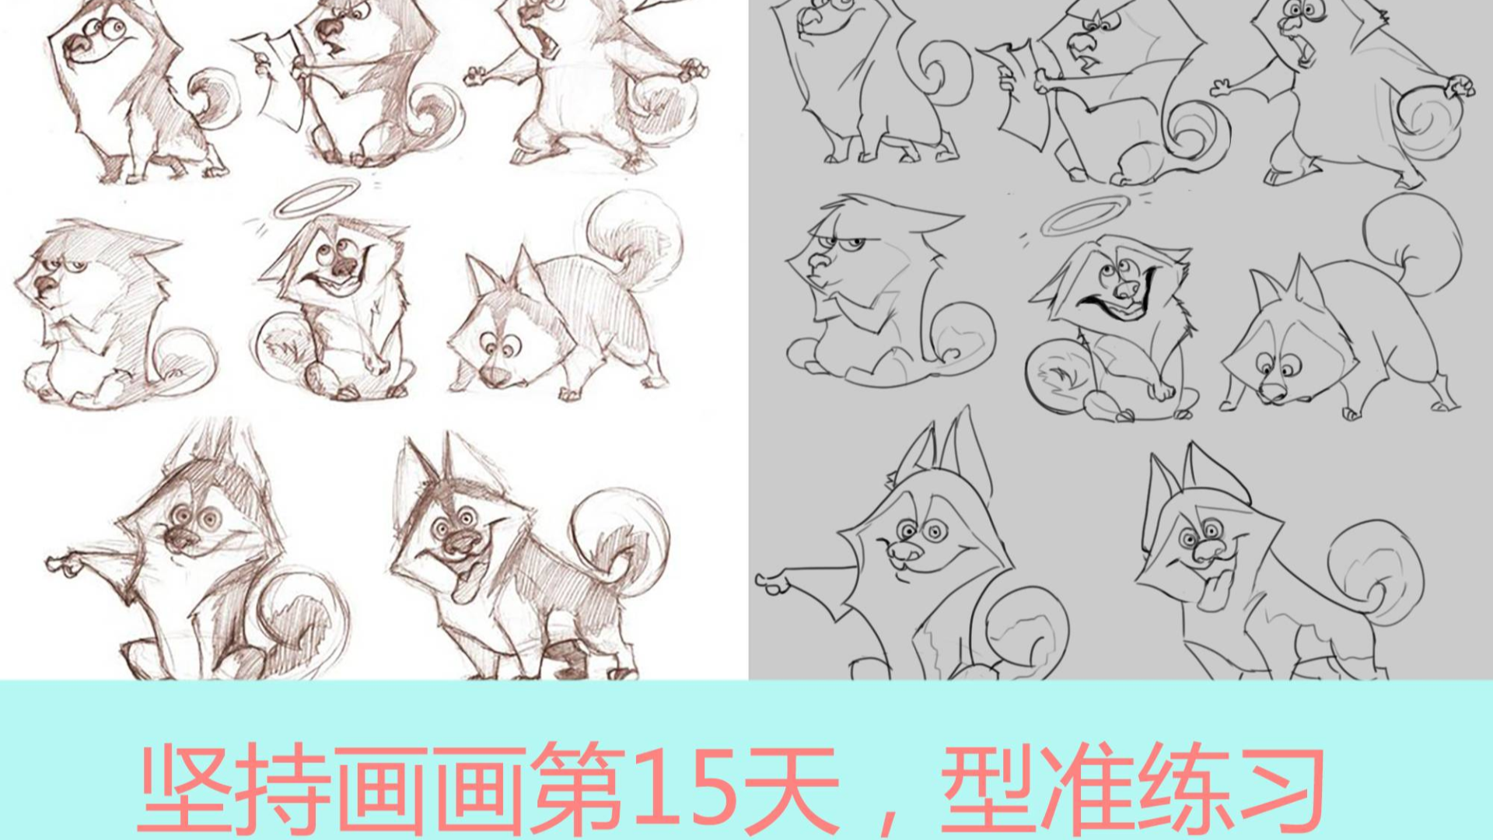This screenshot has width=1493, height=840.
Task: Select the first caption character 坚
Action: click(x=187, y=787)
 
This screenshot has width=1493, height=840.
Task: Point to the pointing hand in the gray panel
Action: click(x=773, y=582)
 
